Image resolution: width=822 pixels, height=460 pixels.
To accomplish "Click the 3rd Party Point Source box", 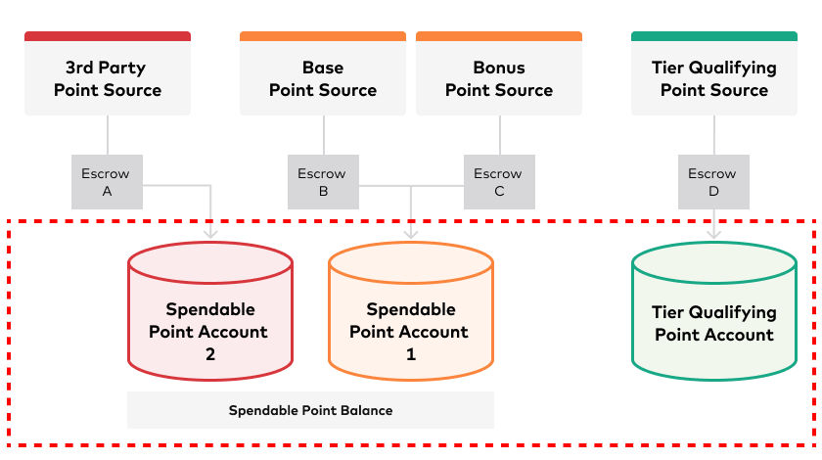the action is tap(108, 73).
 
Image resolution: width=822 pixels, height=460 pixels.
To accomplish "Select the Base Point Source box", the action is tap(323, 73).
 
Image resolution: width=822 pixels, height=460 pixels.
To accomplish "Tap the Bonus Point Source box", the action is tap(499, 73).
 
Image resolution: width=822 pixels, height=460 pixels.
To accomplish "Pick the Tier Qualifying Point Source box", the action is tap(714, 73).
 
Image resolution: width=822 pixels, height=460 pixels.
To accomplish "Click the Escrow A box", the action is tap(107, 182).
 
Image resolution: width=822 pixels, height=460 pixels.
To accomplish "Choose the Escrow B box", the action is tap(324, 182).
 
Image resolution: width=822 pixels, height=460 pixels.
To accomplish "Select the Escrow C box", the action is tap(500, 182).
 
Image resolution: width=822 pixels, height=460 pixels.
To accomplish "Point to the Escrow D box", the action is tap(713, 182).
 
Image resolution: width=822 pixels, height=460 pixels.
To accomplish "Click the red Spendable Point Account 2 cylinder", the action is tap(210, 311).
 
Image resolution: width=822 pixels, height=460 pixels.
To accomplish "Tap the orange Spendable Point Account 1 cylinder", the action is tap(411, 311).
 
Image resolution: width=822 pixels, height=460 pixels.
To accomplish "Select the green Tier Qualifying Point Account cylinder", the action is tap(714, 311).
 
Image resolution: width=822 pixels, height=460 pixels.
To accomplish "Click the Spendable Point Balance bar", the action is tap(310, 410).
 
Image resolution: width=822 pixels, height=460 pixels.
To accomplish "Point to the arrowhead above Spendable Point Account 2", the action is tap(210, 233).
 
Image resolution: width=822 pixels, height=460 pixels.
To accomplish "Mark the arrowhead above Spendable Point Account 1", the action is tap(411, 233).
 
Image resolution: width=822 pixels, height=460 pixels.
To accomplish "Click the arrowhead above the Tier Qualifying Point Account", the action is tap(714, 233).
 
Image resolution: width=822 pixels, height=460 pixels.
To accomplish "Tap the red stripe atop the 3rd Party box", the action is tap(108, 36).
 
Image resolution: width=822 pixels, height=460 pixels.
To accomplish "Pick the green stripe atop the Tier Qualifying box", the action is tap(714, 36).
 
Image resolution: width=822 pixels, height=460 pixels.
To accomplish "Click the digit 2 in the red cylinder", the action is tap(210, 354).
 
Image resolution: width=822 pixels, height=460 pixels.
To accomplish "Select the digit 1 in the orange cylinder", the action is tap(411, 354).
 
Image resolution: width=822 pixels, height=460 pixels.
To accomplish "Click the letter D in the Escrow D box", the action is tap(713, 192).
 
